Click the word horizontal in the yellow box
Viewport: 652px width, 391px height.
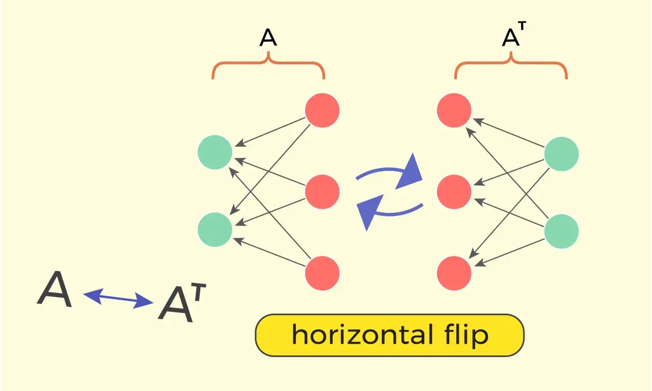pos(362,334)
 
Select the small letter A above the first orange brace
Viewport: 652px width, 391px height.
pos(268,38)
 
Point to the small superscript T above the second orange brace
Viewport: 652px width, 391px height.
pos(522,26)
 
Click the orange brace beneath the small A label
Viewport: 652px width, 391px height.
pos(268,62)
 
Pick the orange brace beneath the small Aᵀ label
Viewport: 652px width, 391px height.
pos(511,62)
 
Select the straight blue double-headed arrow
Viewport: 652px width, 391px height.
pos(118,298)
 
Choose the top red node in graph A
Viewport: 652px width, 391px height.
pos(322,110)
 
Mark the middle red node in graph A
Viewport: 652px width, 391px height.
pos(322,192)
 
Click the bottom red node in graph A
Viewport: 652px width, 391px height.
pos(322,273)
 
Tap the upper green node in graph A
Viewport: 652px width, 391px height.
pos(215,152)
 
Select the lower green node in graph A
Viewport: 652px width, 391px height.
pos(215,230)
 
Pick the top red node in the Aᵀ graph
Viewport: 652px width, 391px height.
pos(454,110)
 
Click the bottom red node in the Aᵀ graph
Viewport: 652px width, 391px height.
pos(454,273)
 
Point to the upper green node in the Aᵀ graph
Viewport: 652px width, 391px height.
pos(561,154)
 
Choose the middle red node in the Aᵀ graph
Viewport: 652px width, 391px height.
pos(454,192)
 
